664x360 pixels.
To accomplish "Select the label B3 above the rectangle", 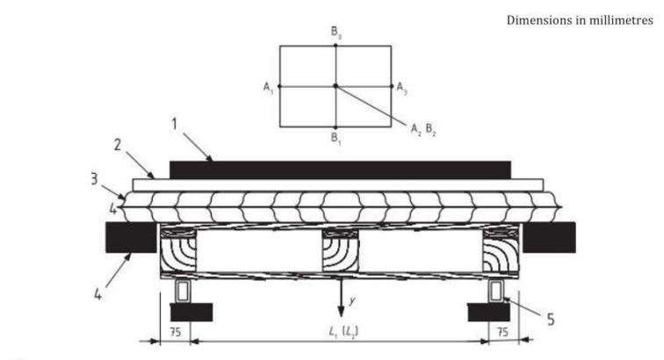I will pos(336,35).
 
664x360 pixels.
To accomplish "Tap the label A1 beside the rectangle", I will pos(268,86).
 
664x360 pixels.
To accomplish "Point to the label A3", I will pos(401,87).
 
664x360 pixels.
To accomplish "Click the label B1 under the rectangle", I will pos(336,138).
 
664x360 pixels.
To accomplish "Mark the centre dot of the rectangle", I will pos(336,86).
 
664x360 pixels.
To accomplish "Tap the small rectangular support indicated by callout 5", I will pos(496,291).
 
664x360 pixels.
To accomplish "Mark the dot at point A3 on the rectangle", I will pos(392,86).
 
